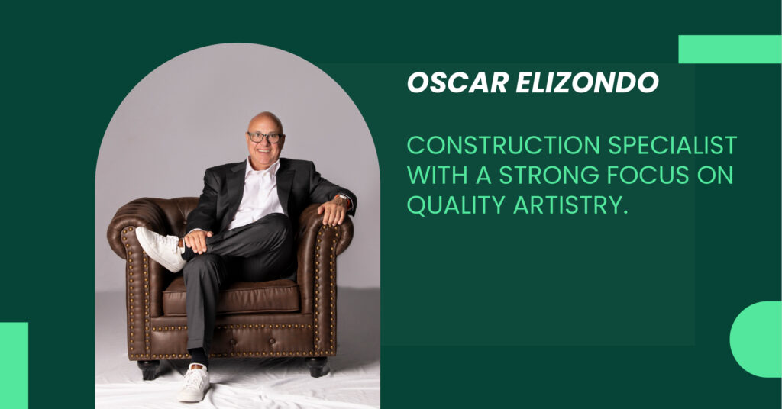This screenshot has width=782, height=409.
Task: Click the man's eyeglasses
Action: pyautogui.click(x=265, y=137)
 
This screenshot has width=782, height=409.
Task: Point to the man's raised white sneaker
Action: pyautogui.click(x=160, y=248)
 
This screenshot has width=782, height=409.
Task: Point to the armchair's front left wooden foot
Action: pyautogui.click(x=147, y=369)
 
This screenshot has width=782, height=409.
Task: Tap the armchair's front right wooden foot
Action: pyautogui.click(x=317, y=366)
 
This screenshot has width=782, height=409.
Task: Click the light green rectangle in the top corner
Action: pyautogui.click(x=729, y=49)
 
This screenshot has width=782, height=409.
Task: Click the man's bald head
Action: pyautogui.click(x=264, y=121)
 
